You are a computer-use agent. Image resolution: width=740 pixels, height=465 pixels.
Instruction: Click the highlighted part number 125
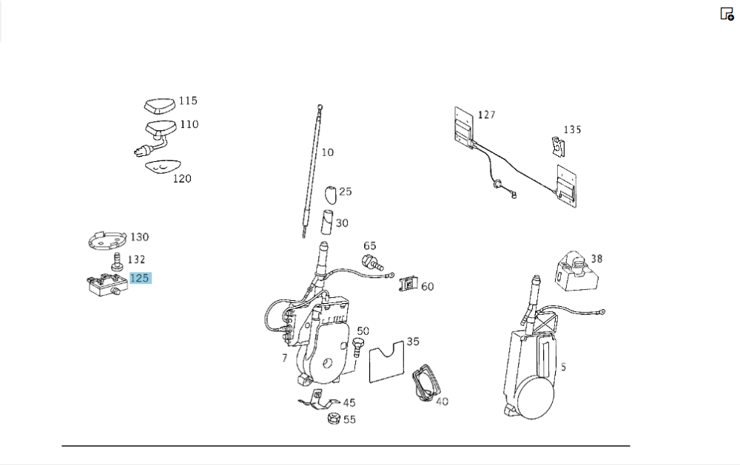[x=140, y=278]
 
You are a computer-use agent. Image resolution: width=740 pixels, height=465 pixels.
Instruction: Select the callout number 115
[x=188, y=101]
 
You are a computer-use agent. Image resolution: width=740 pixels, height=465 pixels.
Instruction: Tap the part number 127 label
[x=486, y=115]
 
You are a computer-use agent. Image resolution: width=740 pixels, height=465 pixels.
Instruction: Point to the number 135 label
[x=572, y=129]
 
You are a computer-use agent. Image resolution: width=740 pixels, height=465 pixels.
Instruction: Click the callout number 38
[x=596, y=259]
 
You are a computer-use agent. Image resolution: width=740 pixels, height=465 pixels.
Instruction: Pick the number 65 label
[x=369, y=245]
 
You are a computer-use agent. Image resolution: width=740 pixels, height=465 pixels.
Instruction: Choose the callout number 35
[x=412, y=342]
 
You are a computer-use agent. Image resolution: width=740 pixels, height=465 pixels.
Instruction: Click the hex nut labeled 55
[x=333, y=419]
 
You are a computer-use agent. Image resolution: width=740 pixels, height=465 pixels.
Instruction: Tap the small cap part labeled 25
[x=330, y=194]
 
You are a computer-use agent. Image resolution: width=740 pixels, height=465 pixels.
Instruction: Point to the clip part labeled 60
[x=408, y=283]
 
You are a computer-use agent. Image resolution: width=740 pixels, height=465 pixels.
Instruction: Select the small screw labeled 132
[x=116, y=262]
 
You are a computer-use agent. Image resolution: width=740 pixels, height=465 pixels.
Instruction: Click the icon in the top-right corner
[x=727, y=13]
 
